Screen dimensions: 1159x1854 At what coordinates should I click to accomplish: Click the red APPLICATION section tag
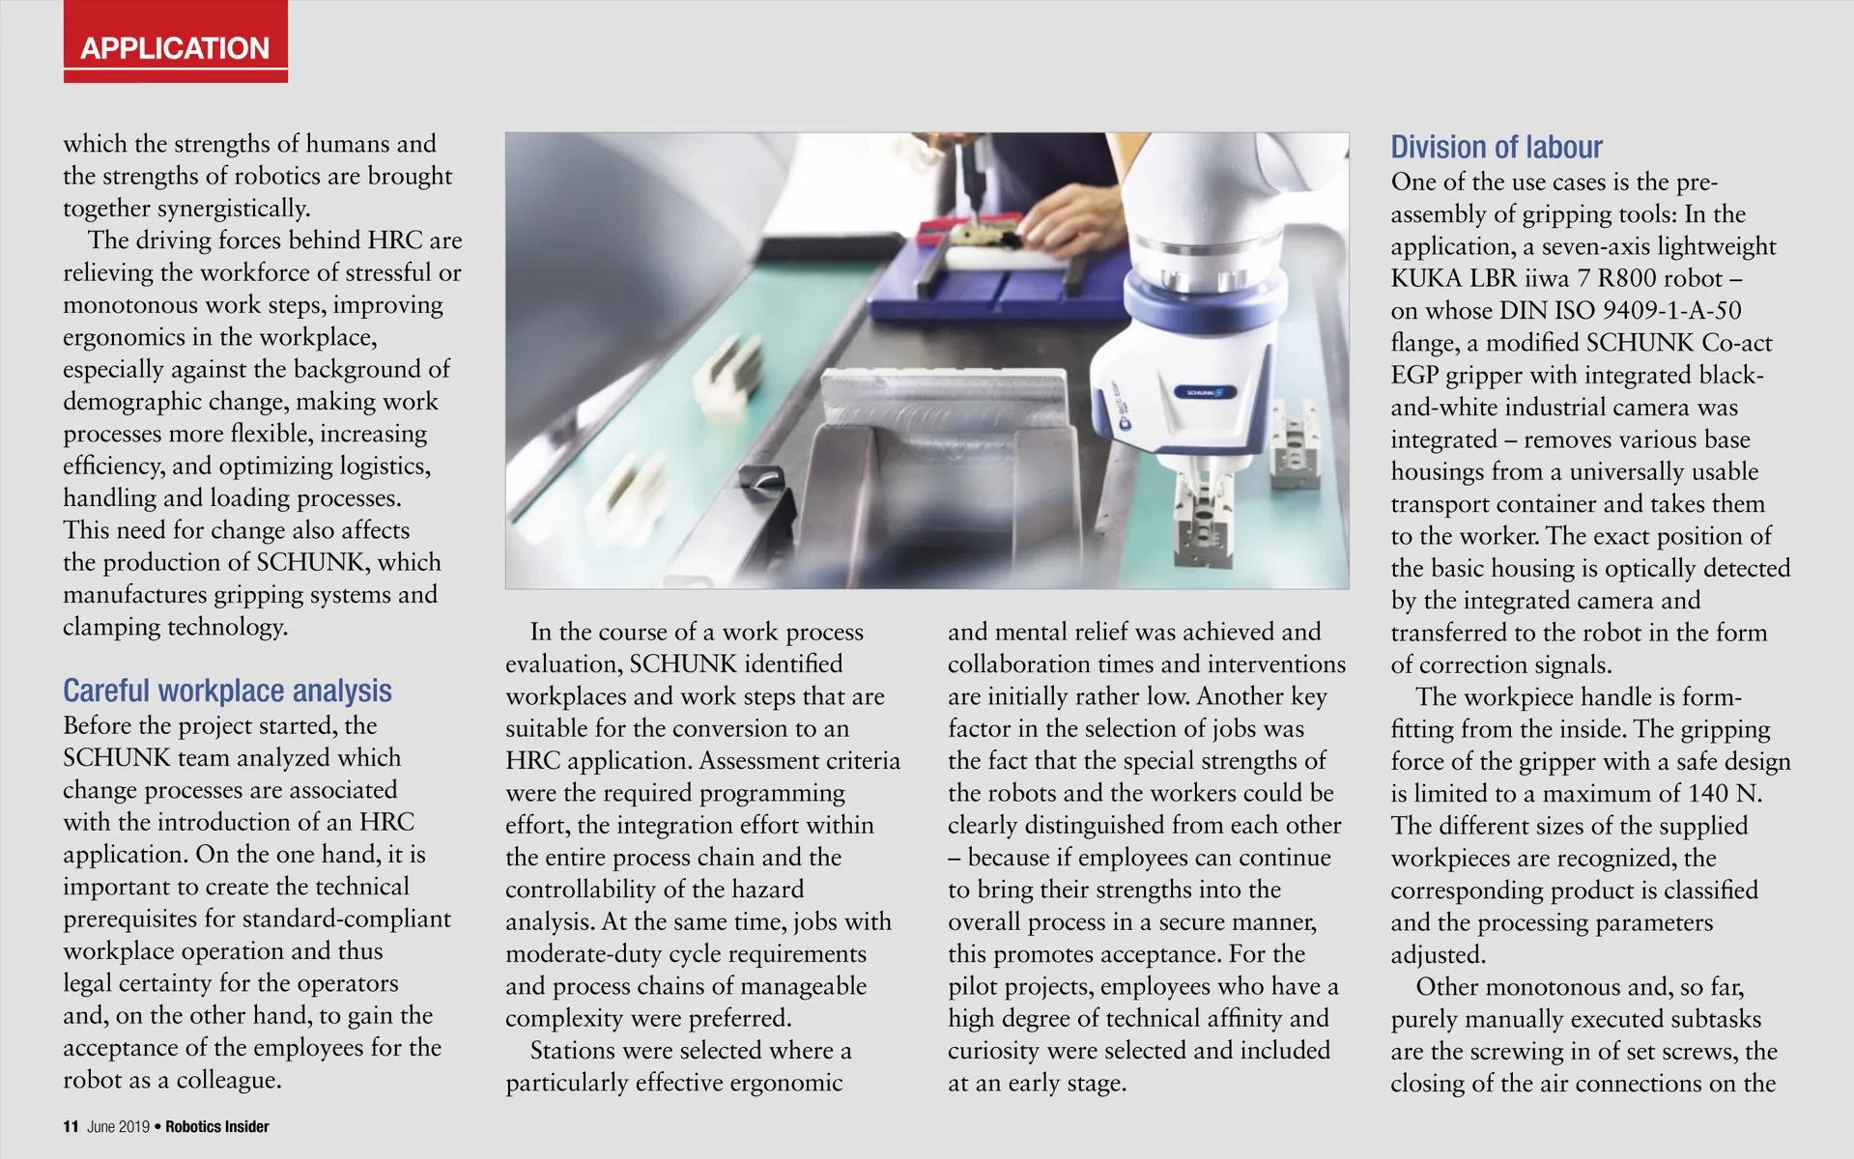pos(175,47)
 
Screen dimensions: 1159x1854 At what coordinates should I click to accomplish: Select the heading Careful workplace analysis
pos(227,691)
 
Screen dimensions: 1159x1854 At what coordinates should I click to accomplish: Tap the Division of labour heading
pos(1496,147)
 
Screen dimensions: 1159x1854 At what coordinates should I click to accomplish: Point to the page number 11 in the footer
pos(71,1126)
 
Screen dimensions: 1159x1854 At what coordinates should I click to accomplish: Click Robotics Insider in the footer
pos(217,1126)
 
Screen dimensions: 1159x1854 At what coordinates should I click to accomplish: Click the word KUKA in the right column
pos(1426,278)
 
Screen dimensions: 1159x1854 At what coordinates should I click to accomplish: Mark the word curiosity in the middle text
pos(996,1051)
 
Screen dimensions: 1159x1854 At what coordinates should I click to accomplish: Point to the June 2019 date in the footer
pos(118,1126)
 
